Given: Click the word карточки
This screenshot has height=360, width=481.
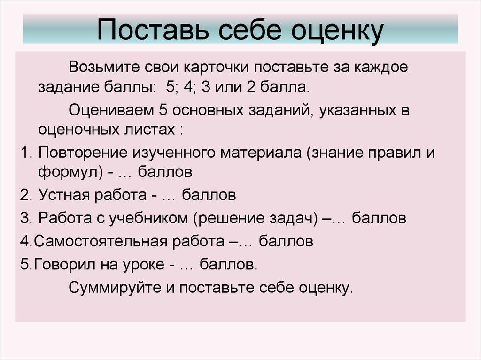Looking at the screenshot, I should pyautogui.click(x=215, y=67).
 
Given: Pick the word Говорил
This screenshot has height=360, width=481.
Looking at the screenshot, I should pyautogui.click(x=61, y=264).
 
